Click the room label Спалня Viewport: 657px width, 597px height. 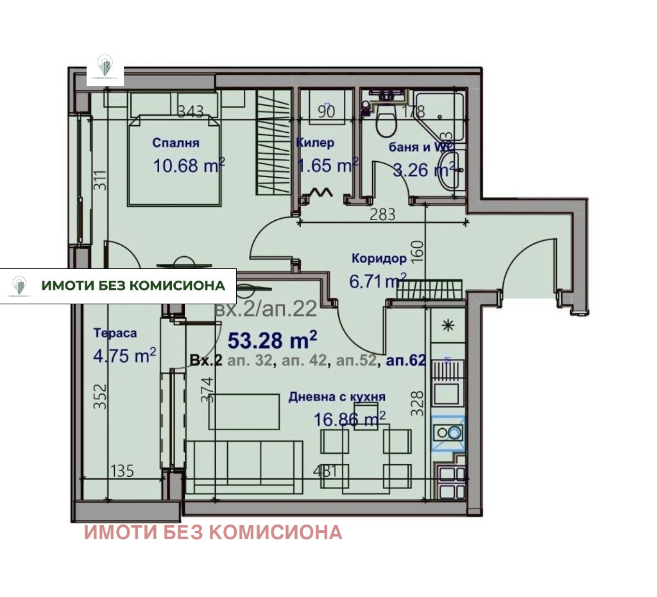tap(176, 143)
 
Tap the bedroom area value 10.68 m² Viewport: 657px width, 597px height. tap(189, 166)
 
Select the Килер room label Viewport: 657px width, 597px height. tap(315, 143)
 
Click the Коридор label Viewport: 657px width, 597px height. tap(379, 258)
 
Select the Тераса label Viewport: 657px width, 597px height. tap(115, 333)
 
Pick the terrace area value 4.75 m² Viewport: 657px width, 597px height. tap(124, 356)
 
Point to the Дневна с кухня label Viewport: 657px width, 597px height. tap(337, 397)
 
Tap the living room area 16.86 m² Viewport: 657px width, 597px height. tap(349, 419)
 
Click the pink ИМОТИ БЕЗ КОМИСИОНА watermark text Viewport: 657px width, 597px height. tap(213, 532)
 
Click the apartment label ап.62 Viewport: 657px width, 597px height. tap(405, 361)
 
